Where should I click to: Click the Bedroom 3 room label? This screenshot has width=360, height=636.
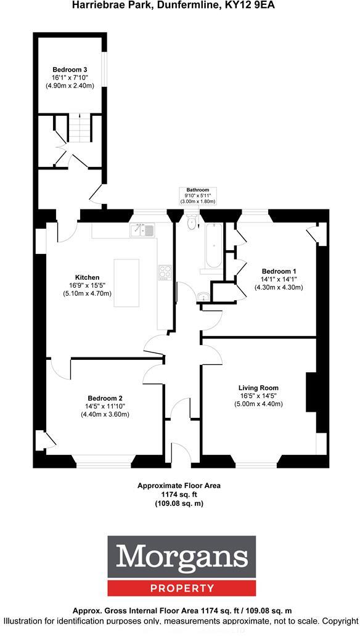[x=70, y=69]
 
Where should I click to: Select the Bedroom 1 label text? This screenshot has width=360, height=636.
[x=279, y=271]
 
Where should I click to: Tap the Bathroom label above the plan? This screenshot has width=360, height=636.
[x=194, y=190]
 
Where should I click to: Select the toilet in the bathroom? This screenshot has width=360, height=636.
[x=191, y=222]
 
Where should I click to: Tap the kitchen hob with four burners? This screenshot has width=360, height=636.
[x=165, y=272]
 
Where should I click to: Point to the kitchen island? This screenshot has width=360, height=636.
[x=126, y=282]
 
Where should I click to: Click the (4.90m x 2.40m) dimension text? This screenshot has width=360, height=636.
[x=70, y=86]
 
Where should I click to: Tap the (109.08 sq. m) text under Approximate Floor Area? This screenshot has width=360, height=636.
[x=179, y=503]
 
